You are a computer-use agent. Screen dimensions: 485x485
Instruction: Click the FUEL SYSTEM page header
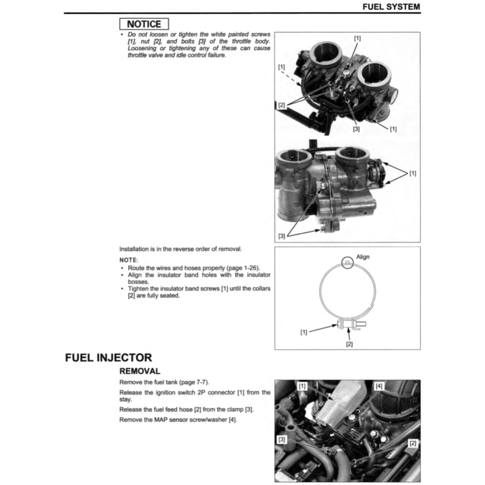pos(391,7)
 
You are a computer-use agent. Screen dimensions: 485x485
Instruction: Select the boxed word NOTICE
pos(144,24)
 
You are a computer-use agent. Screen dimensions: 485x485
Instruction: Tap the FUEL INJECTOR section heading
pos(108,358)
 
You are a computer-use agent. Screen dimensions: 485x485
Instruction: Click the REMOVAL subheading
pos(140,371)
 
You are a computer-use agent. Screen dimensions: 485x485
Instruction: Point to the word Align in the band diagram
pos(363,257)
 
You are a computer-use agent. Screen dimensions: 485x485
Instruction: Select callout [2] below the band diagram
pos(350,344)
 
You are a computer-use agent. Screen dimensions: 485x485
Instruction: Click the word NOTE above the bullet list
pos(128,260)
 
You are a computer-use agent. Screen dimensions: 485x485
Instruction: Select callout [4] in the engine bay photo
pos(378,386)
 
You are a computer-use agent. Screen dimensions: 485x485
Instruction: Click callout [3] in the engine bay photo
pos(282,440)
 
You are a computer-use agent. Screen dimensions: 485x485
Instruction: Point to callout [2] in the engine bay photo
pos(413,443)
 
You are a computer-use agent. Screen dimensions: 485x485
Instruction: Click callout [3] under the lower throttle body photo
pos(281,236)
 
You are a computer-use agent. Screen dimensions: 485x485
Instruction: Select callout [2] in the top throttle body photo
pos(281,105)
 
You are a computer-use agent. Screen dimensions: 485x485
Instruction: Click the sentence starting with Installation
pos(180,249)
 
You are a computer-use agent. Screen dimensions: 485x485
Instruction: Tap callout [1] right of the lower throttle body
pos(413,173)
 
